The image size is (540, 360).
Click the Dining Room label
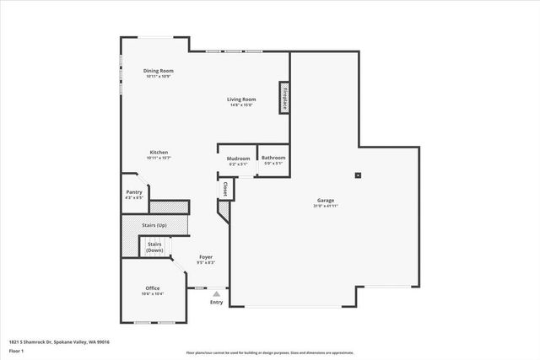pyautogui.click(x=158, y=70)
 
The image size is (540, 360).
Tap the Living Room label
pyautogui.click(x=241, y=99)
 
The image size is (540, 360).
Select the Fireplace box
pyautogui.click(x=285, y=98)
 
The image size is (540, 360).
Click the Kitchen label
pyautogui.click(x=159, y=152)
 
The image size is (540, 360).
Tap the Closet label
pyautogui.click(x=226, y=190)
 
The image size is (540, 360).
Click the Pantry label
pyautogui.click(x=134, y=192)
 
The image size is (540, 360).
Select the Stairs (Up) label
pyautogui.click(x=155, y=226)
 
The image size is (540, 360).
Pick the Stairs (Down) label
pyautogui.click(x=155, y=247)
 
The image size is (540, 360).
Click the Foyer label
pyautogui.click(x=206, y=256)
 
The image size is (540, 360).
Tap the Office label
pyautogui.click(x=152, y=288)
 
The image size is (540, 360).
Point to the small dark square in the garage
pyautogui.click(x=358, y=175)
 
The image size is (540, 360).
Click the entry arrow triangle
pyautogui.click(x=216, y=293)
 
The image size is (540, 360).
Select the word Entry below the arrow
pyautogui.click(x=216, y=302)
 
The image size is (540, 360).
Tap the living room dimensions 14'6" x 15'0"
pyautogui.click(x=241, y=105)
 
